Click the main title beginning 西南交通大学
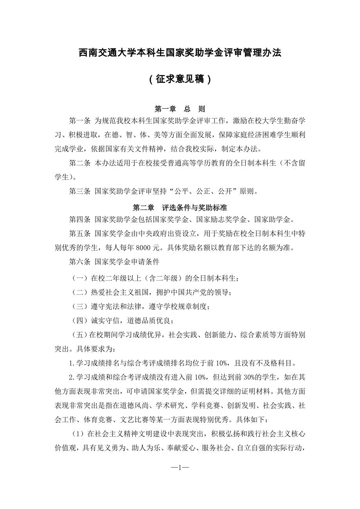(x=180, y=53)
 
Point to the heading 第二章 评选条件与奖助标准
(x=180, y=207)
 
